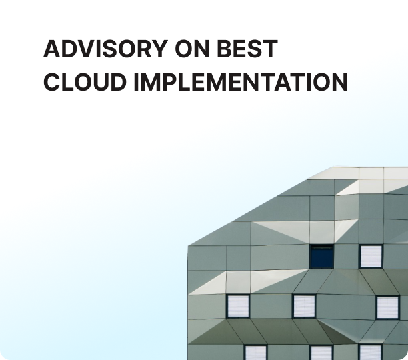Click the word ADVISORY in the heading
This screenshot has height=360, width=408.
105,49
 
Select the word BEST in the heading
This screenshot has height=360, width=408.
247,49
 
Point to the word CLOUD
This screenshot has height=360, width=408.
85,82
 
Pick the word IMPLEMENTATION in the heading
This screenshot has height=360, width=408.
241,82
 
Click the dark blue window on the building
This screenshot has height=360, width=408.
321,257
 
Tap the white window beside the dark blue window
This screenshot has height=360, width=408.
371,257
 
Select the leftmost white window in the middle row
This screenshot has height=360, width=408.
238,306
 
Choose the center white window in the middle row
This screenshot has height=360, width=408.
304,306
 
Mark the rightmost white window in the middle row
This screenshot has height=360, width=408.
388,308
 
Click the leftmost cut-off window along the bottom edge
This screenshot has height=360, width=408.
256,353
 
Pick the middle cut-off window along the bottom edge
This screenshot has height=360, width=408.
321,353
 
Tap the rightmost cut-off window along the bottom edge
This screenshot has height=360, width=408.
370,352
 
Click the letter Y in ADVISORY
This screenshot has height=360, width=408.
160,49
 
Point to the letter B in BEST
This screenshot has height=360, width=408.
224,49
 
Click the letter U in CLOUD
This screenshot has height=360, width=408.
100,82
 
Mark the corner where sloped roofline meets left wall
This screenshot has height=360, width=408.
188,245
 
